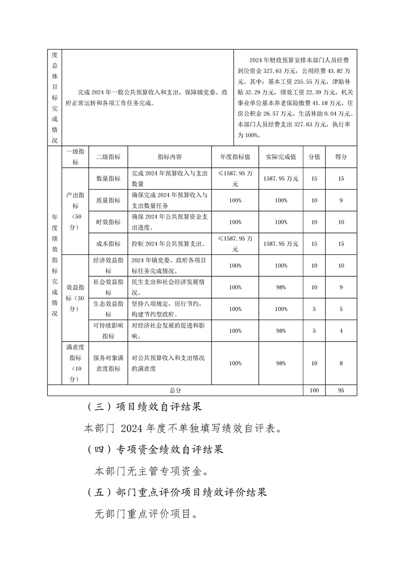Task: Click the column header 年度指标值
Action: pyautogui.click(x=235, y=157)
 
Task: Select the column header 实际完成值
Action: pyautogui.click(x=281, y=157)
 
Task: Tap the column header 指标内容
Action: pyautogui.click(x=170, y=157)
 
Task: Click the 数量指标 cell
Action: pyautogui.click(x=108, y=178)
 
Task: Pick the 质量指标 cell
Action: pyautogui.click(x=108, y=200)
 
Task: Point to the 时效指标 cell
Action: pyautogui.click(x=108, y=222)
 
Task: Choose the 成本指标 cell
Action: pyautogui.click(x=108, y=244)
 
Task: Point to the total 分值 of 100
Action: pyautogui.click(x=314, y=390)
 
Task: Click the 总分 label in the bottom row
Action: pyautogui.click(x=175, y=390)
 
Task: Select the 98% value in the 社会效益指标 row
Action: pyautogui.click(x=281, y=287)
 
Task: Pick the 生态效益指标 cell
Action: pyautogui.click(x=108, y=309)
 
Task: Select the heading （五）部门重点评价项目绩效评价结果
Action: pyautogui.click(x=177, y=492)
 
